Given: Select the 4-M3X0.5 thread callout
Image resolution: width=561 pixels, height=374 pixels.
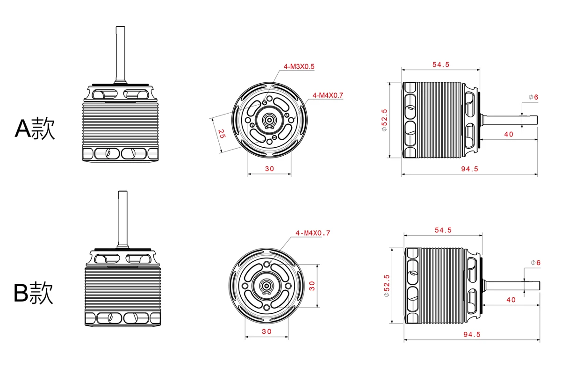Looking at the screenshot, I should click(299, 67).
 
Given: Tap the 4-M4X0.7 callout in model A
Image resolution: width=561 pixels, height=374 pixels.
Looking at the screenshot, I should click(328, 95).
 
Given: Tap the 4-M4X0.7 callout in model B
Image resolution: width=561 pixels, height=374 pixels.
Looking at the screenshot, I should click(313, 233).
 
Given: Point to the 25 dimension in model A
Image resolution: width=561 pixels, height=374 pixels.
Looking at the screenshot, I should click(222, 134).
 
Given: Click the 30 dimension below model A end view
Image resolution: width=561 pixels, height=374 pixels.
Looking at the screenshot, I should click(269, 169).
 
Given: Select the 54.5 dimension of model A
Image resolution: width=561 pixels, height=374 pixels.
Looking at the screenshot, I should click(440, 65).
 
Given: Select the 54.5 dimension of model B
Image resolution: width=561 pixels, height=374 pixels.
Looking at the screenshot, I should click(443, 230).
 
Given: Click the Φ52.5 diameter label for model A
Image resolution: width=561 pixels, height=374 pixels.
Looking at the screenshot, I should click(384, 121).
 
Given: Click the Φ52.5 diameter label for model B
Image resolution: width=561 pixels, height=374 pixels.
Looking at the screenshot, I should click(386, 286).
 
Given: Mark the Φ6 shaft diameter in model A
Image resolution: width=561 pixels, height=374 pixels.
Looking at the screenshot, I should click(533, 97).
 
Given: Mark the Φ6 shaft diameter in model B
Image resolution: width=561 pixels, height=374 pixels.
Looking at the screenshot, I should click(536, 263).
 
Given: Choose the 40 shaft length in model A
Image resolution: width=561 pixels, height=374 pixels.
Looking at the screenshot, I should click(509, 134).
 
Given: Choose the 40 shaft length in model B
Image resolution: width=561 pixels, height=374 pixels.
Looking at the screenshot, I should click(511, 300).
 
